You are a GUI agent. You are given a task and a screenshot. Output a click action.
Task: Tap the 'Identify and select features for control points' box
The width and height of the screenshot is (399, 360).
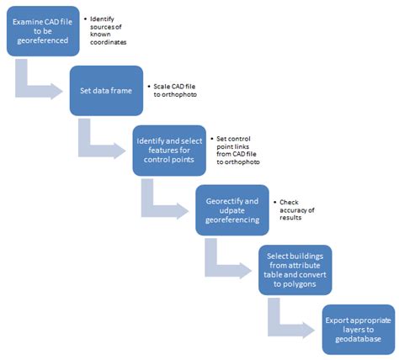(x=168, y=150)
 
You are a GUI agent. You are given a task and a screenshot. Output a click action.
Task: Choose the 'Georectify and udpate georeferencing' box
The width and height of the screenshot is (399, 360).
(x=231, y=209)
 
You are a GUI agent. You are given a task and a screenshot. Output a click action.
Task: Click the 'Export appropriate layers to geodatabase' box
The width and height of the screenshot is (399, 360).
(x=358, y=329)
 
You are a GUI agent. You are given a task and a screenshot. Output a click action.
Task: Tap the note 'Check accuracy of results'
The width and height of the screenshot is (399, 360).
(x=298, y=209)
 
